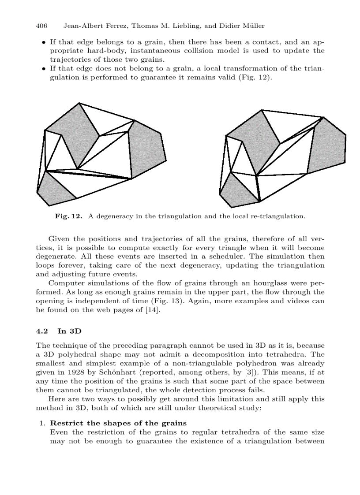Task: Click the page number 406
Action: click(x=41, y=26)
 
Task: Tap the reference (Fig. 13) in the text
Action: click(x=248, y=301)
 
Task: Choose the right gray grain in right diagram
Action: click(x=326, y=145)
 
